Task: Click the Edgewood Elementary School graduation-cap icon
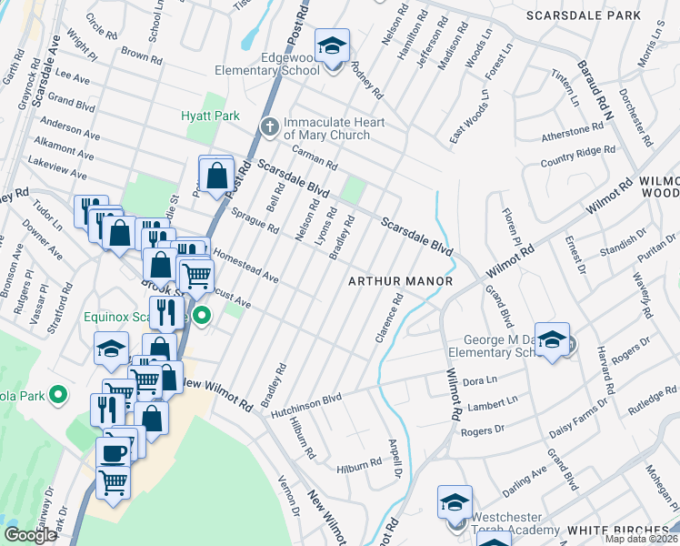tap(333, 46)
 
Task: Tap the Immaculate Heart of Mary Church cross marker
tap(269, 127)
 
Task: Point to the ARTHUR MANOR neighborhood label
tap(400, 281)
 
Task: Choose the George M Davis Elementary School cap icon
tap(552, 339)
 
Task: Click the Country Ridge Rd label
tap(577, 156)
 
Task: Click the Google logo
tap(30, 535)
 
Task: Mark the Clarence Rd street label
tap(387, 318)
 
